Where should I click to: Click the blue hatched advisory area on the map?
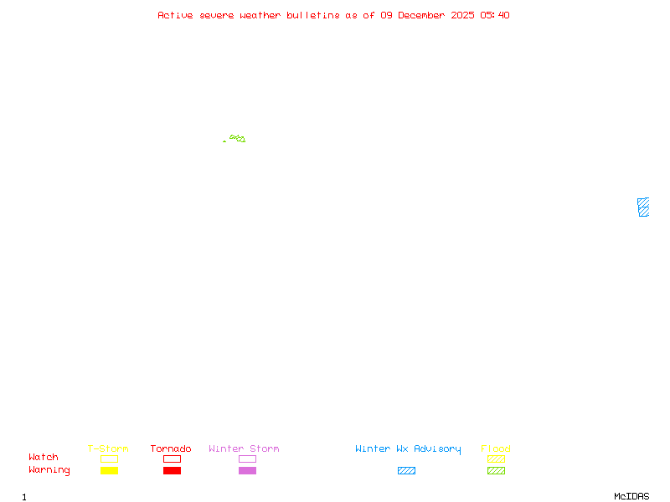pyautogui.click(x=643, y=207)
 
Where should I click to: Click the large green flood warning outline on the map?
pyautogui.click(x=238, y=138)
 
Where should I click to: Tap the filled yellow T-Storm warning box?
pyautogui.click(x=109, y=471)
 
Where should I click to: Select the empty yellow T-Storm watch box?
pyautogui.click(x=109, y=459)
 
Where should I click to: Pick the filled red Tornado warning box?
pyautogui.click(x=172, y=471)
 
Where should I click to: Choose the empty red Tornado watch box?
pyautogui.click(x=172, y=459)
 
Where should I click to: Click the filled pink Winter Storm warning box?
pyautogui.click(x=247, y=471)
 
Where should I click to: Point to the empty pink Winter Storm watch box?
pyautogui.click(x=247, y=459)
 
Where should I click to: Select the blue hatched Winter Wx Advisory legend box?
pyautogui.click(x=406, y=471)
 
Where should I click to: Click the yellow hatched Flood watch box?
pyautogui.click(x=496, y=459)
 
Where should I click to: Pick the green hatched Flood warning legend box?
pyautogui.click(x=496, y=471)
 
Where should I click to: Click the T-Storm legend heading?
pyautogui.click(x=108, y=449)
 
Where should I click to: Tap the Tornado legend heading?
pyautogui.click(x=171, y=449)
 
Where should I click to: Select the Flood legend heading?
pyautogui.click(x=496, y=449)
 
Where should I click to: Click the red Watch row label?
pyautogui.click(x=44, y=458)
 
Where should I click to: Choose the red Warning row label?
pyautogui.click(x=49, y=470)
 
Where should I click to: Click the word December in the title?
pyautogui.click(x=421, y=15)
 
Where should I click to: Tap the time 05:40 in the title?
pyautogui.click(x=495, y=15)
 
